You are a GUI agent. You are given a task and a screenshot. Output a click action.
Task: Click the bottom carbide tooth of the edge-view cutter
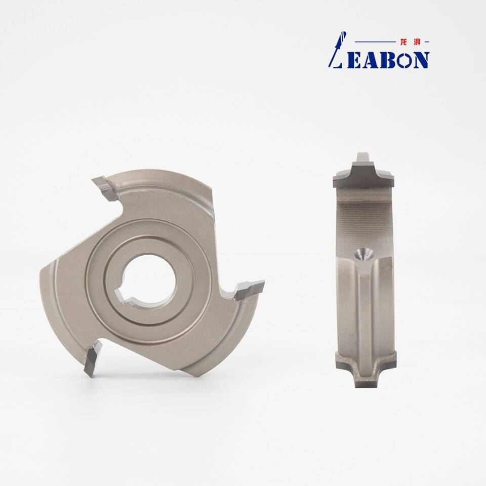[366, 370]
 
